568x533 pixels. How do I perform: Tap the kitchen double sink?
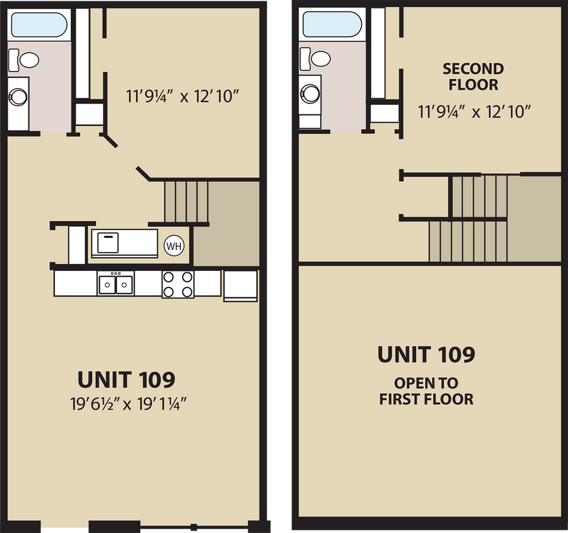point(116,284)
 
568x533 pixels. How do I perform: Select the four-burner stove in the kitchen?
point(178,284)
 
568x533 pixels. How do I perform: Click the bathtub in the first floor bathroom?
point(39,25)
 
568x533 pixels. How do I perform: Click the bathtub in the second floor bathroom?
point(331,25)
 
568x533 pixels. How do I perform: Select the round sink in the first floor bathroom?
point(18,97)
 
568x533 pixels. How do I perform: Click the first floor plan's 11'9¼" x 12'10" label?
point(182,97)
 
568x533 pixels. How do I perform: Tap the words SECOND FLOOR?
point(473,76)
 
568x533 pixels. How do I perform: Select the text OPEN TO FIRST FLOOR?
point(426,391)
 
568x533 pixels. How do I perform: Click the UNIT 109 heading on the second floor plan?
point(426,355)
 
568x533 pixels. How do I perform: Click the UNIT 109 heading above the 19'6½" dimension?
point(126,380)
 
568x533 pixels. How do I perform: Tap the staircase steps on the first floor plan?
point(186,201)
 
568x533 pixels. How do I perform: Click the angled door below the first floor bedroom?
point(143,172)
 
